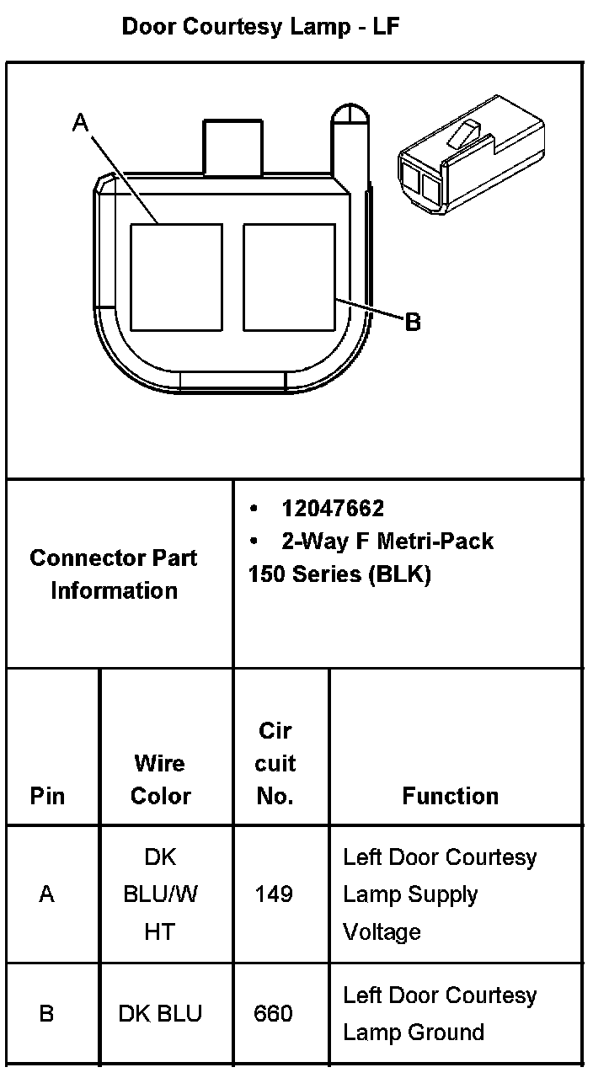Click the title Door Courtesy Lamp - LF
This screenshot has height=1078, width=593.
point(260,27)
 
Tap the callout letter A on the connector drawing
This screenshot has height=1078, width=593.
point(80,123)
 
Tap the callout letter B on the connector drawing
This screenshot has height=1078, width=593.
point(413,322)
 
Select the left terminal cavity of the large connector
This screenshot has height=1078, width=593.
point(176,277)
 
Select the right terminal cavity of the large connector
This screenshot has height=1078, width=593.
point(289,277)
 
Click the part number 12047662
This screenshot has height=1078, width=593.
point(333,509)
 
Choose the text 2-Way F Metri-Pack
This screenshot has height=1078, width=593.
point(387,541)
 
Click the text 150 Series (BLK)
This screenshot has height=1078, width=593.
point(339,574)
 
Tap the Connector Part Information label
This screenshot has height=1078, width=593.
point(114,574)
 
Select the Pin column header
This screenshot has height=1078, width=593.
point(47,796)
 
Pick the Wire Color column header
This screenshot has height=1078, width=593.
point(160,779)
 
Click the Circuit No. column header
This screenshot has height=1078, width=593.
point(275,763)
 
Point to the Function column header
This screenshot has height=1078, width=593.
point(450,796)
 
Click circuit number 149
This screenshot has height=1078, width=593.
point(274,894)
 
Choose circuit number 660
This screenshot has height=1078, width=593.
point(274,1013)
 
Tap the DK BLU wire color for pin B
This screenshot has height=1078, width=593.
point(160,1013)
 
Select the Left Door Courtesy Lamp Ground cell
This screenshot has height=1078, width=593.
point(440,1013)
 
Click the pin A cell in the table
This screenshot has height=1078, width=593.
point(47,894)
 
